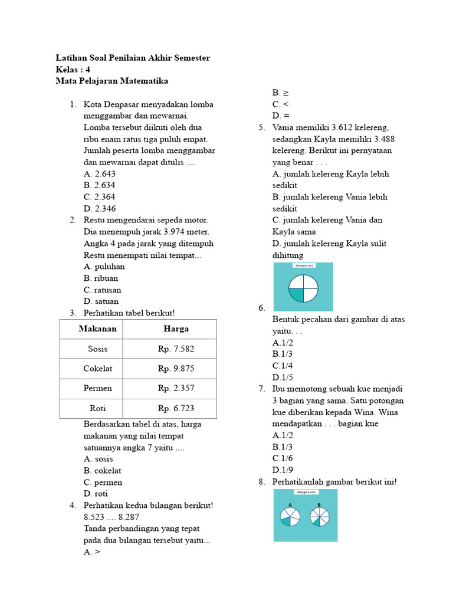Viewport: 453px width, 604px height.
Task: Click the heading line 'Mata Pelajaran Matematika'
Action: [112, 80]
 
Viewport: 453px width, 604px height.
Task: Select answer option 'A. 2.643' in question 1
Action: [100, 173]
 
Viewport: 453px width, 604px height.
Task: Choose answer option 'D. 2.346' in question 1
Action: [100, 208]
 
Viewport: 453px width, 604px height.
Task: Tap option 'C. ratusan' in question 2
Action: [103, 290]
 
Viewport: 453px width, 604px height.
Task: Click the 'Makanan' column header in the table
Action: [98, 329]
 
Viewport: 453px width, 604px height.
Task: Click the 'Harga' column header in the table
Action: [176, 329]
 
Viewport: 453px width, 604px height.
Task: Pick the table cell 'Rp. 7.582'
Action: [176, 349]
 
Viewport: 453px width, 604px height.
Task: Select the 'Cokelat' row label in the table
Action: [98, 369]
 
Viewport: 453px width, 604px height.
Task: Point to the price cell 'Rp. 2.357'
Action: [176, 388]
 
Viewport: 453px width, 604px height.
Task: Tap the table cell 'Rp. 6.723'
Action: [176, 408]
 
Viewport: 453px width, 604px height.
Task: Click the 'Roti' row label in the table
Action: [98, 408]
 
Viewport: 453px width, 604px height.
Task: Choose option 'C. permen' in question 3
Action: [103, 482]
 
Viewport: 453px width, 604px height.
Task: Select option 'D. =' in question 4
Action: [280, 116]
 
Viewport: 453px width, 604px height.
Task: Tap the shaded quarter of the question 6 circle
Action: [296, 294]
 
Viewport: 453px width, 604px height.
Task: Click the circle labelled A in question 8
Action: [290, 517]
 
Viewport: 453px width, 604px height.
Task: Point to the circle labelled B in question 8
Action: [319, 517]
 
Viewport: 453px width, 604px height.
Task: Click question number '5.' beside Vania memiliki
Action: [262, 127]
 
